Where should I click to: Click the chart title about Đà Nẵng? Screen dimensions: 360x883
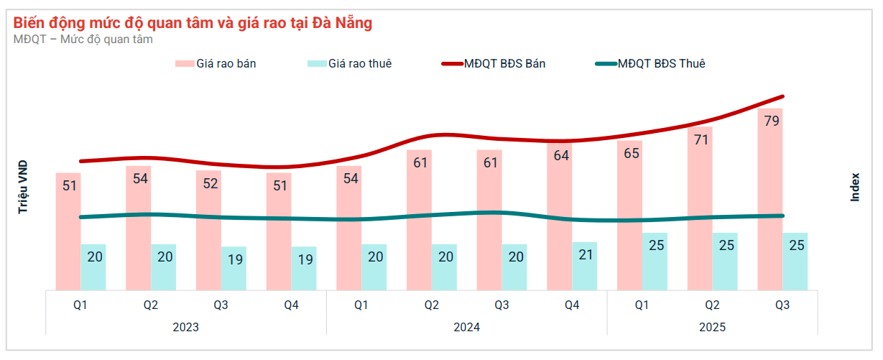tap(193, 23)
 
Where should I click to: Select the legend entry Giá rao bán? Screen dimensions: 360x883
tap(216, 64)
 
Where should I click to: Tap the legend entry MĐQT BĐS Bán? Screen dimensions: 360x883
tap(494, 64)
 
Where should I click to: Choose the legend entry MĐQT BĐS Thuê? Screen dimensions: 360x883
tap(650, 64)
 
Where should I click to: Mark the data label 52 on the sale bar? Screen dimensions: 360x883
tap(210, 183)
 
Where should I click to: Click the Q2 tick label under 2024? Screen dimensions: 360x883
tap(431, 305)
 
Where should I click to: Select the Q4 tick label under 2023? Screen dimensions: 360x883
tap(291, 305)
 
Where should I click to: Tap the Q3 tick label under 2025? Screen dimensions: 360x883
tap(782, 305)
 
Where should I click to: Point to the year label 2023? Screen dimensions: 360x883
tap(186, 327)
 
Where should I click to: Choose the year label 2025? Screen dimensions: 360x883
tap(713, 327)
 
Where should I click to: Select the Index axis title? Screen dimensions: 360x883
tap(855, 187)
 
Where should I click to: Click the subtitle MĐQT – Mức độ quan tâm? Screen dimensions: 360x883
tap(83, 40)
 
